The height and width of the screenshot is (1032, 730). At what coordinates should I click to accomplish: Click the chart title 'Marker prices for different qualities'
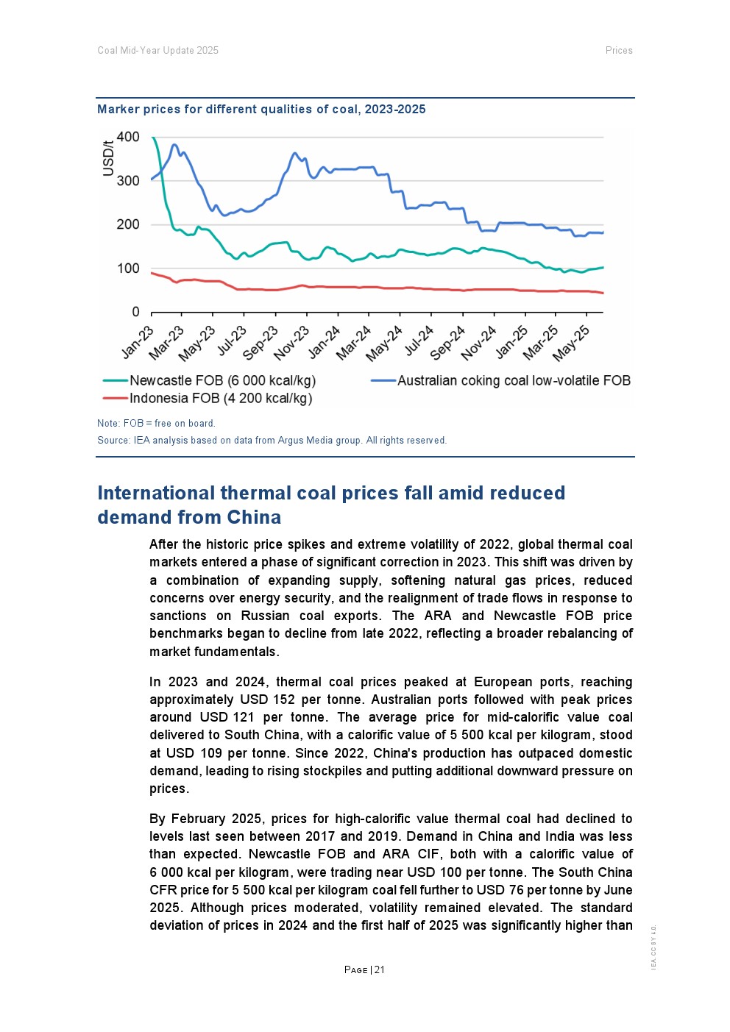[x=261, y=110]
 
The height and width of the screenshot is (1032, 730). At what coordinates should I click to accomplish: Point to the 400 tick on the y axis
[x=128, y=137]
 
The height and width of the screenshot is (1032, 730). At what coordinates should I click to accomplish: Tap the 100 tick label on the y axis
[x=128, y=268]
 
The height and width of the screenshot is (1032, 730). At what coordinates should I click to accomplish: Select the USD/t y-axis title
[x=108, y=157]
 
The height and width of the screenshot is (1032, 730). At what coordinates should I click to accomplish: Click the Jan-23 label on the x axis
[x=138, y=342]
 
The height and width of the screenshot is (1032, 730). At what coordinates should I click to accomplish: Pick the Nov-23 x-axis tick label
[x=292, y=343]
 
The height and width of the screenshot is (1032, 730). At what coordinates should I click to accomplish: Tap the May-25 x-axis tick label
[x=572, y=343]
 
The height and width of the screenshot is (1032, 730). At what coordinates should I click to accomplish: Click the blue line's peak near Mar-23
[x=174, y=145]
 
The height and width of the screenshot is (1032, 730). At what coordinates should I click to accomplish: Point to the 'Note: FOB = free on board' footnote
[x=156, y=424]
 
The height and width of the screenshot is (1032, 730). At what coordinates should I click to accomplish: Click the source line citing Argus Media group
[x=272, y=441]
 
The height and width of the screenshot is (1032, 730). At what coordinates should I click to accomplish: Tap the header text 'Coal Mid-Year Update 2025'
[x=157, y=51]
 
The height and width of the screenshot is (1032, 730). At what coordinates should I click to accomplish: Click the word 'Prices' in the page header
[x=619, y=51]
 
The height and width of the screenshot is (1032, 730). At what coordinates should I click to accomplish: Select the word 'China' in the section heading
[x=254, y=518]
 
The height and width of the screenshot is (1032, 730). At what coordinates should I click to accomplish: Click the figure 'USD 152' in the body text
[x=267, y=700]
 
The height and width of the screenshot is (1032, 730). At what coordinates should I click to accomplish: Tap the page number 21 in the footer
[x=380, y=969]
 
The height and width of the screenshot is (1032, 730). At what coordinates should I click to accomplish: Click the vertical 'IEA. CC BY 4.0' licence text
[x=653, y=947]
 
